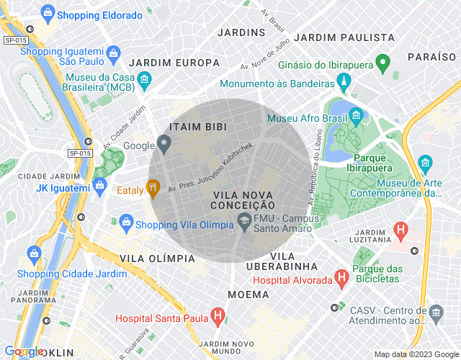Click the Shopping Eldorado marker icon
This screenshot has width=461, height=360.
click(x=48, y=12)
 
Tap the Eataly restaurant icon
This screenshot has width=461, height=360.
click(x=152, y=189)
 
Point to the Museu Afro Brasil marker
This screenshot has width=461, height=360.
click(x=356, y=116)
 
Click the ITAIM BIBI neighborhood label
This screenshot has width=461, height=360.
click(x=197, y=127)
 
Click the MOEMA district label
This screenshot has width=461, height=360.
click(x=248, y=294)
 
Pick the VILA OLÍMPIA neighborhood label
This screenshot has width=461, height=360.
click(x=156, y=258)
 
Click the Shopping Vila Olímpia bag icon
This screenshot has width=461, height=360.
click(x=126, y=221)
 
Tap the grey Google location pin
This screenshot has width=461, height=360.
click(x=164, y=145)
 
